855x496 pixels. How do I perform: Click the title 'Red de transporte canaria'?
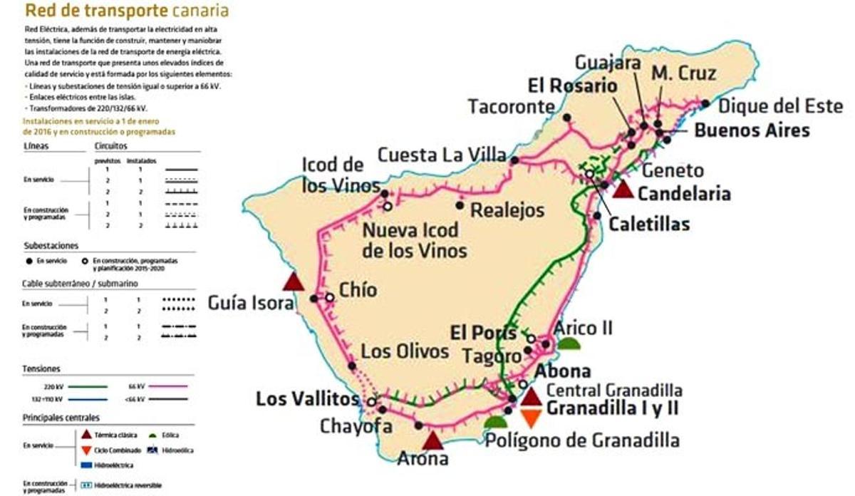pos(127,11)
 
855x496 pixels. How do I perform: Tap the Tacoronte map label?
pos(511,107)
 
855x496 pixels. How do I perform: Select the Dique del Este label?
pos(780,107)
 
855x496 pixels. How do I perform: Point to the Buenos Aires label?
pos(752,131)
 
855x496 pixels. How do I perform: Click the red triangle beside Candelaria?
pos(623,189)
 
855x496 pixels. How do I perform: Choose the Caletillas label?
pos(649,224)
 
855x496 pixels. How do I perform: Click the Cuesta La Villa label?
pos(442,155)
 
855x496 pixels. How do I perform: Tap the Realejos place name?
pos(508,210)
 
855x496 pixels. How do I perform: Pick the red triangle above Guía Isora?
pos(294,281)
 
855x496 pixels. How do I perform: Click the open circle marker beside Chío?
pos(330,297)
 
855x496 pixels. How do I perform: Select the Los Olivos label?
pos(405,351)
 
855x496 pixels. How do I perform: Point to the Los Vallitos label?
pos(307,399)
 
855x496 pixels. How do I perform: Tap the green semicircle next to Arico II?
pos(569,344)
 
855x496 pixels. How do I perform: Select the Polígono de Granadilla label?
pos(582,440)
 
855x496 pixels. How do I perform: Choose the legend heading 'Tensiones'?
pos(41,369)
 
